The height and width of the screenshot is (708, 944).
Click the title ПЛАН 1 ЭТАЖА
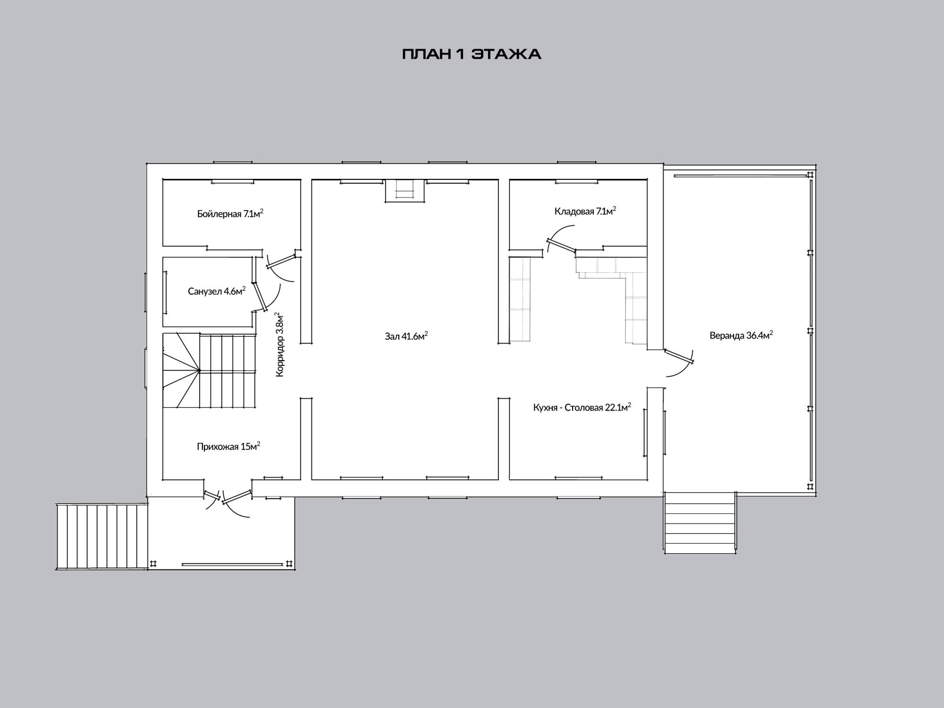(472, 54)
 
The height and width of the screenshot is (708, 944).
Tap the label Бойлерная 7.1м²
(230, 213)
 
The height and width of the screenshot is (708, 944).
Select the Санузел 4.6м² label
(217, 291)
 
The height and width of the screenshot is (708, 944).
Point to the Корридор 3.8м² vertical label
(279, 344)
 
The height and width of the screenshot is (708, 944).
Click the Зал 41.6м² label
(406, 336)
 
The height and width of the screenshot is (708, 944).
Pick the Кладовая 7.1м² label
(585, 211)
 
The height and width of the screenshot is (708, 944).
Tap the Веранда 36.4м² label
(741, 335)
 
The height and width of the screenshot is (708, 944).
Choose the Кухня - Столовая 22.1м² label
(582, 407)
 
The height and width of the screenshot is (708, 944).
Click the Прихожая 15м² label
(228, 446)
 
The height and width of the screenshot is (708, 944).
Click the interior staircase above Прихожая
(210, 370)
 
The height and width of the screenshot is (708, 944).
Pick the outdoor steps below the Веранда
(700, 522)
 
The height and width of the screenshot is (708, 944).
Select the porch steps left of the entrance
(102, 536)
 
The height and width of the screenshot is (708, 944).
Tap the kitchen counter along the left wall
(520, 299)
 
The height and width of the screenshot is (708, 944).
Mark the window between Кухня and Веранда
(655, 433)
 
